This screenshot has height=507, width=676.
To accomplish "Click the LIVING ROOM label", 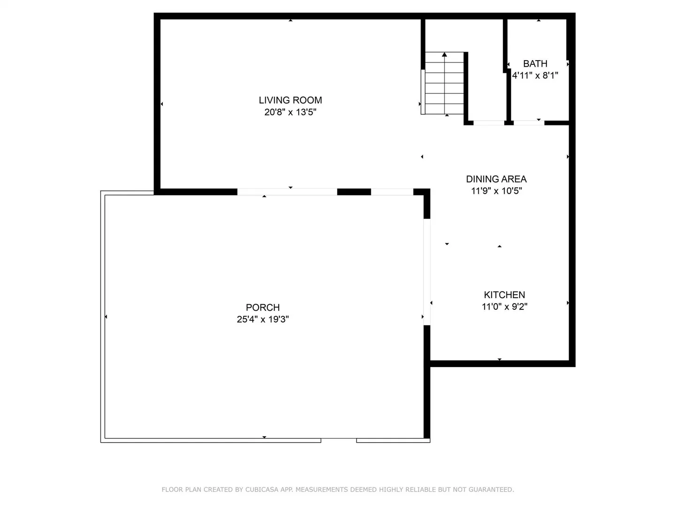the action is click(x=290, y=100).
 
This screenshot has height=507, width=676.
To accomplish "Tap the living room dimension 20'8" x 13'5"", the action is click(x=290, y=112).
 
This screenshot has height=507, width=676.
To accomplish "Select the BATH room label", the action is click(x=535, y=64).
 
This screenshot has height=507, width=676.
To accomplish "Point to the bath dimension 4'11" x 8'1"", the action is click(x=535, y=76).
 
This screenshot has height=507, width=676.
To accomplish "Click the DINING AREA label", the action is click(x=496, y=179).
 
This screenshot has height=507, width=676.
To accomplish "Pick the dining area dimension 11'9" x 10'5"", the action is click(x=496, y=191).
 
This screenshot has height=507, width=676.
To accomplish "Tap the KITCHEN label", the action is click(x=505, y=295).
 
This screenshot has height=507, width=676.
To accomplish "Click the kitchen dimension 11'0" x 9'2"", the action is click(x=505, y=307).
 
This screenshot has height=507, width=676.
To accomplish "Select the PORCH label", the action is click(x=263, y=307).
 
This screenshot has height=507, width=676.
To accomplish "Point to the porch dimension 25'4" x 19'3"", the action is click(x=263, y=319).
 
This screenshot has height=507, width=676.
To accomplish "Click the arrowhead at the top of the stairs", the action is click(x=445, y=54).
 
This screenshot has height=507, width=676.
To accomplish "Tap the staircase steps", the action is click(x=445, y=83).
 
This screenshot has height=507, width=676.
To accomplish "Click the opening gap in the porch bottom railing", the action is click(x=339, y=440).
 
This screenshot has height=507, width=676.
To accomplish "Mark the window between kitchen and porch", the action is click(x=427, y=272).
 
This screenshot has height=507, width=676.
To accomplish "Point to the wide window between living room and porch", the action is click(x=287, y=192).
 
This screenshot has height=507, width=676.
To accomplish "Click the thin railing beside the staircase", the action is click(x=423, y=92).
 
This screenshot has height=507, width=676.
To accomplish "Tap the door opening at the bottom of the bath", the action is click(x=529, y=123).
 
